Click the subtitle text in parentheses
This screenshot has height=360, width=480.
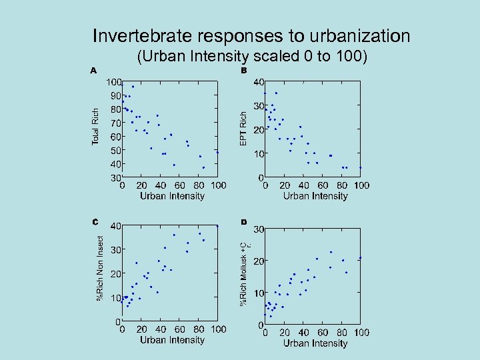point(251,57)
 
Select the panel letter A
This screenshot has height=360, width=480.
point(94,70)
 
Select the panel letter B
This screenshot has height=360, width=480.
point(244,70)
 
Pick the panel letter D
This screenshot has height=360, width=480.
point(244,221)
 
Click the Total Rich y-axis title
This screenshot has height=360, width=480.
point(95,127)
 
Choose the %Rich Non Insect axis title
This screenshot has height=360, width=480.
point(101,267)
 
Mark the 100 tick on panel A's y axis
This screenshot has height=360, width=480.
point(113,82)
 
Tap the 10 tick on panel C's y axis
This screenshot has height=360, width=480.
point(115,297)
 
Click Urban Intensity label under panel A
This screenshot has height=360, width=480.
point(171,196)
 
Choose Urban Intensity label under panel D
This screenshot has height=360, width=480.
point(315,343)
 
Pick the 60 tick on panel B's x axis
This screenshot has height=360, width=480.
point(322,185)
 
